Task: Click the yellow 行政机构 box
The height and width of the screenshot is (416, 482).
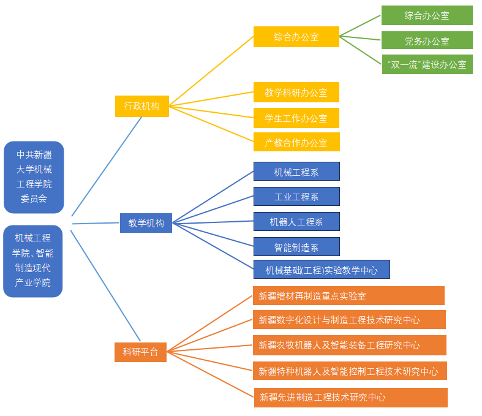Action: [141, 106]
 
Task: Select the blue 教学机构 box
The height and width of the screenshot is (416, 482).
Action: [146, 223]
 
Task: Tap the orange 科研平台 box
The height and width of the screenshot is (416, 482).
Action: [140, 352]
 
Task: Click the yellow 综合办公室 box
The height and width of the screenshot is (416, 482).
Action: [296, 37]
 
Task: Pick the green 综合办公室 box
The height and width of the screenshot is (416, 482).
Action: [427, 15]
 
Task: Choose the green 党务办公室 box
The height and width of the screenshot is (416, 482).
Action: [427, 40]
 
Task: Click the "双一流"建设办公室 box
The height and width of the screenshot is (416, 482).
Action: [427, 64]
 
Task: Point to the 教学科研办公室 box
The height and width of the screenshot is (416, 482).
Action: [296, 93]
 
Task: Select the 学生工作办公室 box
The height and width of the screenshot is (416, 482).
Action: [296, 118]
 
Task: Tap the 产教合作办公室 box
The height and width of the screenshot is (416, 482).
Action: [296, 142]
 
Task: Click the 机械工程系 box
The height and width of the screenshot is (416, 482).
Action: [296, 172]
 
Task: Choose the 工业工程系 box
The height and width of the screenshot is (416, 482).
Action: [296, 197]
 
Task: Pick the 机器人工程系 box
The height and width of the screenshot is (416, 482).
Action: [296, 222]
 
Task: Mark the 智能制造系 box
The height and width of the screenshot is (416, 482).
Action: [296, 247]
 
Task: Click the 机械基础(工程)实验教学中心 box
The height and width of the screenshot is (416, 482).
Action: [322, 270]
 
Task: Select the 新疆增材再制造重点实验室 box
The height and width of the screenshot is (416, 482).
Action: [348, 296]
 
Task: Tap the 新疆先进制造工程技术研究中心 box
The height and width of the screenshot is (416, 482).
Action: [350, 397]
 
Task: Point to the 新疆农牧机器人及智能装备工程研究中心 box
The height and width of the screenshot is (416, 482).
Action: [349, 345]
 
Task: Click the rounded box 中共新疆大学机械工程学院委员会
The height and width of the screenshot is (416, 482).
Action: [34, 177]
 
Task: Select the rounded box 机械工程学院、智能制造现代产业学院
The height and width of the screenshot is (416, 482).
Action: [33, 261]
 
